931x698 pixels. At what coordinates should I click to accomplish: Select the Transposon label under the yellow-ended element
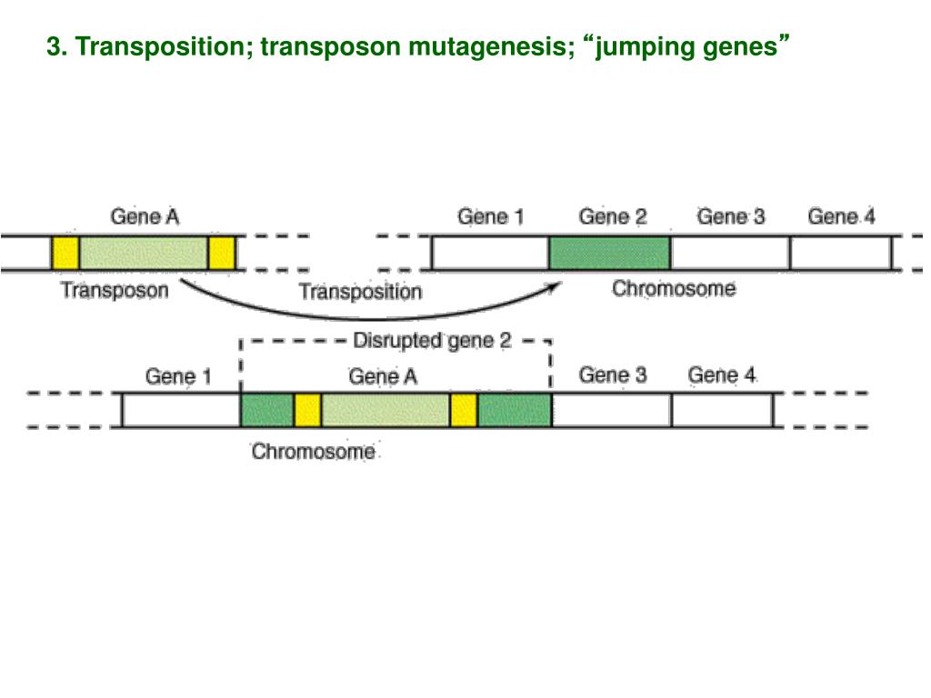[x=114, y=291]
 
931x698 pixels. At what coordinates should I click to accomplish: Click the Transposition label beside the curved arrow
[x=361, y=292]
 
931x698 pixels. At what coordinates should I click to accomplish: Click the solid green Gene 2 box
[x=609, y=253]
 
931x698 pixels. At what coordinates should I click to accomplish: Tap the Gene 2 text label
[x=613, y=217]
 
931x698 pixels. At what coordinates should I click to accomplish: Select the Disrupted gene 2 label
[x=432, y=341]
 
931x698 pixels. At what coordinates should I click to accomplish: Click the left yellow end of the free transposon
[x=65, y=253]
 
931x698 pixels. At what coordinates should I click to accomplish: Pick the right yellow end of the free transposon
[x=222, y=253]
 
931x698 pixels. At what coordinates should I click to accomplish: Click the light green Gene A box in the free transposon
[x=143, y=253]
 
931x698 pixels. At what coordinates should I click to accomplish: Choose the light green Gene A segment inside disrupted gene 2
[x=385, y=410]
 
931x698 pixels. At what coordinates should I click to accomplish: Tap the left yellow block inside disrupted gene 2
[x=307, y=410]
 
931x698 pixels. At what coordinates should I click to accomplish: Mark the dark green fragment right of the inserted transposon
[x=515, y=410]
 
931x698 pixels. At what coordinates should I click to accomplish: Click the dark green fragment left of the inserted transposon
[x=266, y=410]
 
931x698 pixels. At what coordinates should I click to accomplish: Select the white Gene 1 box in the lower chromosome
[x=181, y=410]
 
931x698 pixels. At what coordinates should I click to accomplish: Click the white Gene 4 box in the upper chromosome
[x=840, y=253]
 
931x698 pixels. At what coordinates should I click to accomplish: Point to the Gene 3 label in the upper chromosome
[x=731, y=217]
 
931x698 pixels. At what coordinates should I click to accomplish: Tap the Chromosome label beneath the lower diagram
[x=313, y=451]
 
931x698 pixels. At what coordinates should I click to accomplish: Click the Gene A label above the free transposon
[x=145, y=217]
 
